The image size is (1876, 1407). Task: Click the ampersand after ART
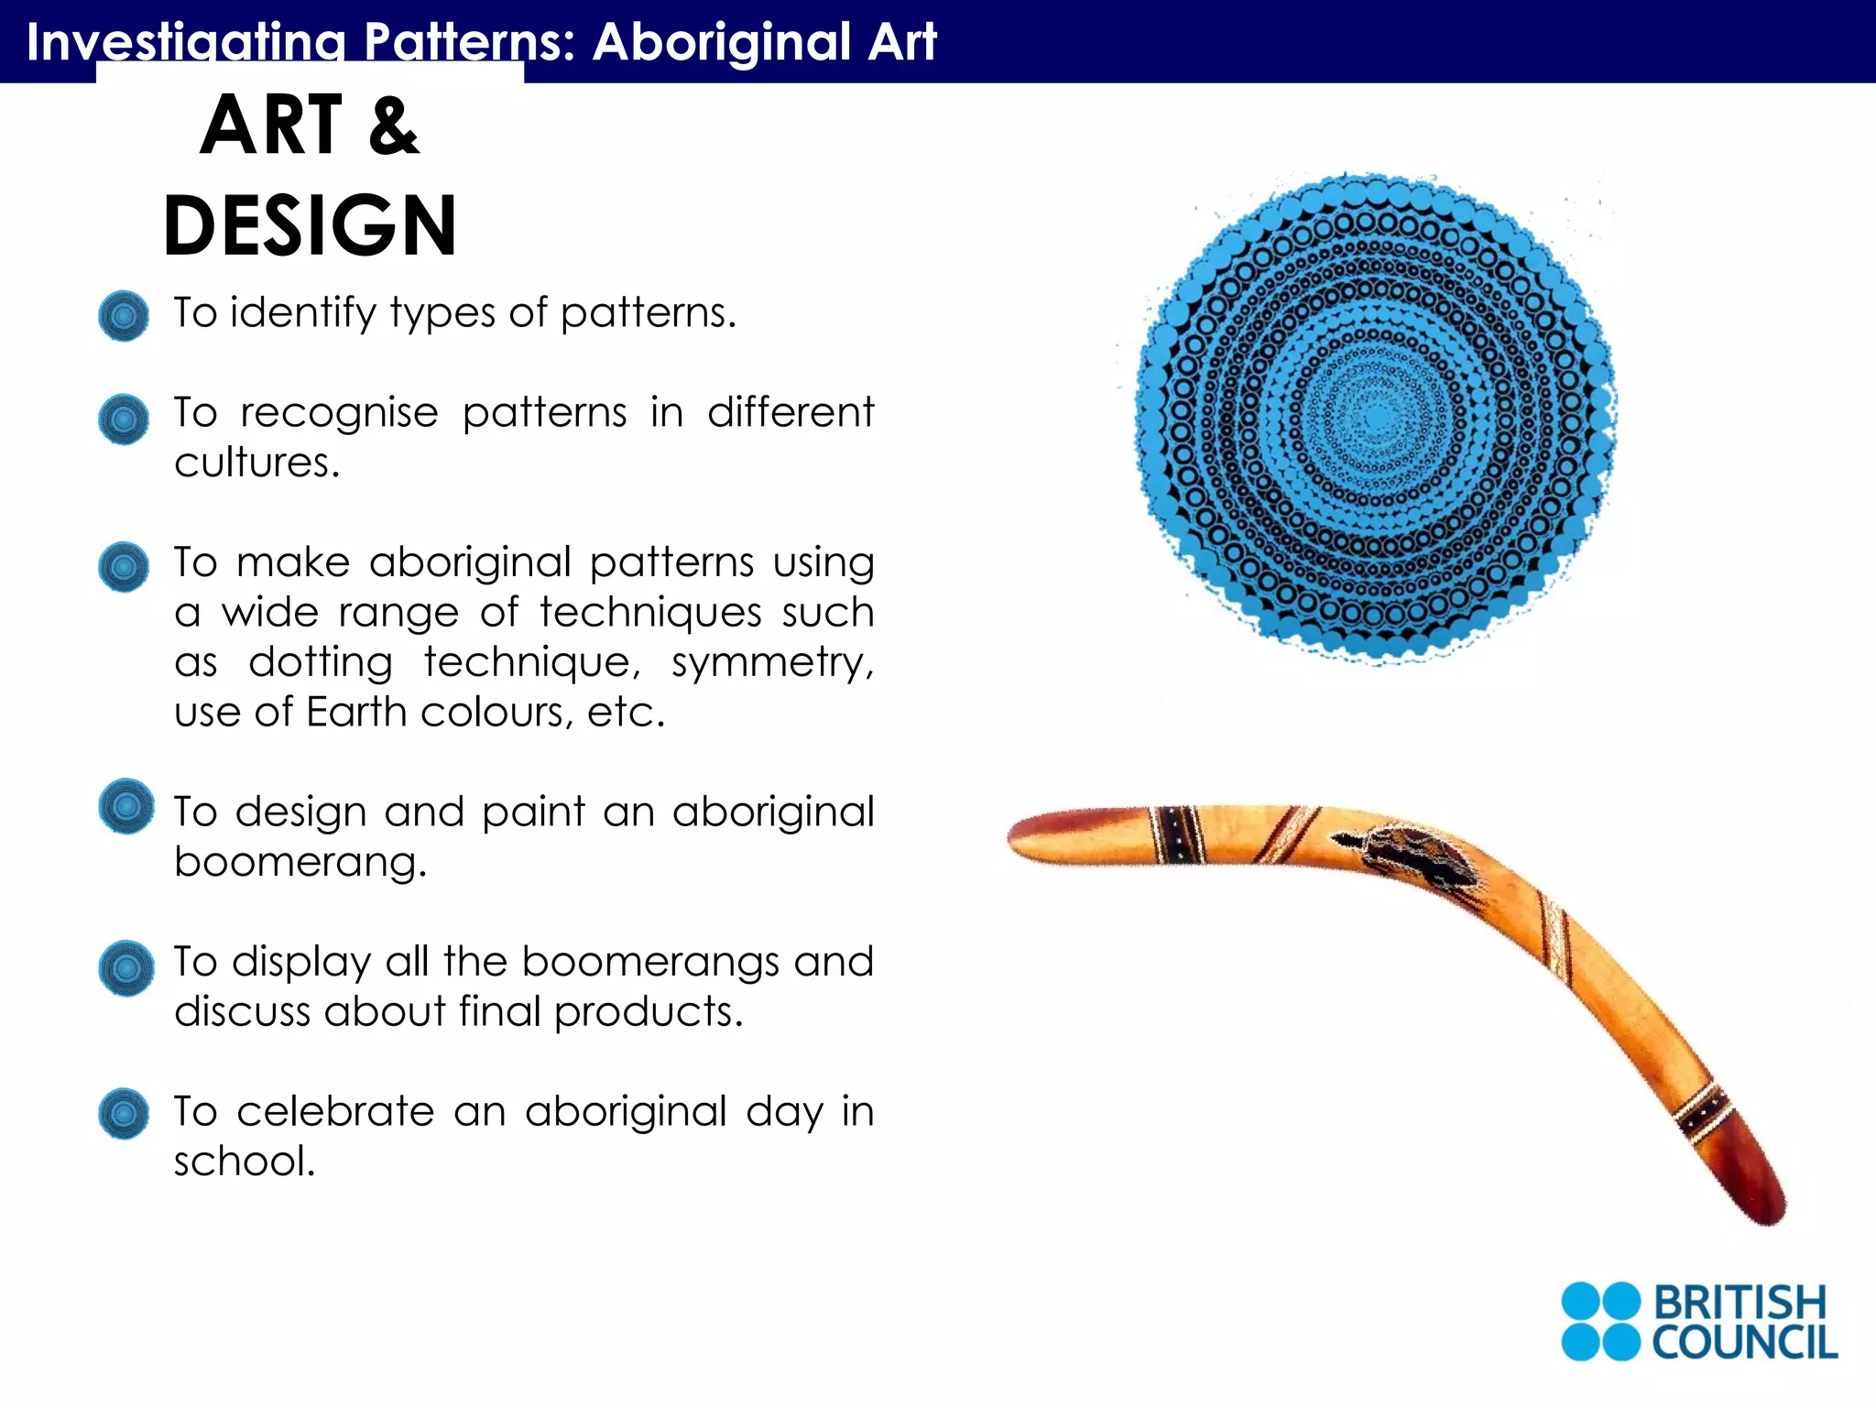(394, 126)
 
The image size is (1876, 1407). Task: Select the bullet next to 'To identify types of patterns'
(124, 316)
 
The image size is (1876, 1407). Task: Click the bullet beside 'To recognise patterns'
(124, 420)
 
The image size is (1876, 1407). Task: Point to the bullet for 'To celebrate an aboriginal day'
(124, 1114)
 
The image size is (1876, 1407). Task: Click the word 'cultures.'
(257, 463)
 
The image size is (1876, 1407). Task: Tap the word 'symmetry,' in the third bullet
(772, 661)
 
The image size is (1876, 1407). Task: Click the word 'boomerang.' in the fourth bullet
(300, 862)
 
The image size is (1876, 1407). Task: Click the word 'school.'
(245, 1162)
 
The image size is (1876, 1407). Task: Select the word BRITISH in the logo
(1740, 1302)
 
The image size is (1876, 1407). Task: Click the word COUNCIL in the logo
(1744, 1343)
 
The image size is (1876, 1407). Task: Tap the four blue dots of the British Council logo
(1600, 1322)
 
